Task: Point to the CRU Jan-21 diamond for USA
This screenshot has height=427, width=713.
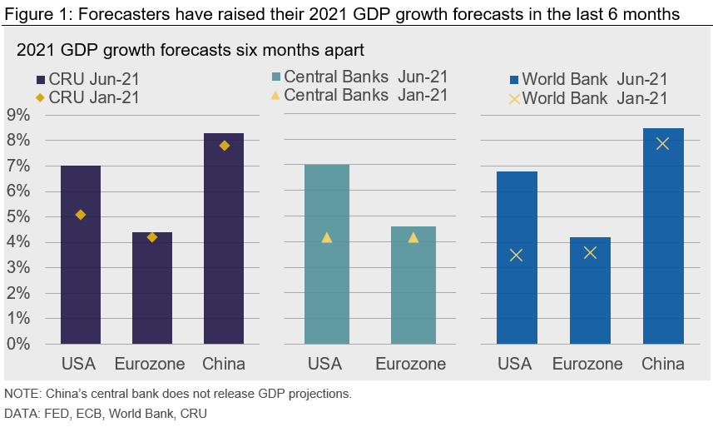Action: coord(80,215)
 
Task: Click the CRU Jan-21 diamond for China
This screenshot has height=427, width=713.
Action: coord(224,146)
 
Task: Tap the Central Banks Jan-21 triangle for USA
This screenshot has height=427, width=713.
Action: coord(326,238)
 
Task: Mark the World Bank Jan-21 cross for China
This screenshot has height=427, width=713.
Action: coord(662,143)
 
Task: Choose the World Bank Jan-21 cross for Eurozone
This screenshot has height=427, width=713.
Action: coord(590,252)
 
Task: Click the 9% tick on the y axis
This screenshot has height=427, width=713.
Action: coord(18,115)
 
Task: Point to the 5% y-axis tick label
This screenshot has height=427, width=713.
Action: coord(18,217)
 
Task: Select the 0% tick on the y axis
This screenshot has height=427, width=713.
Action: coord(18,344)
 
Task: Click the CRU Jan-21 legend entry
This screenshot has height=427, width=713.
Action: coord(87,97)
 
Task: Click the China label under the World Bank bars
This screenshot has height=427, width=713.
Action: coord(662,364)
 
